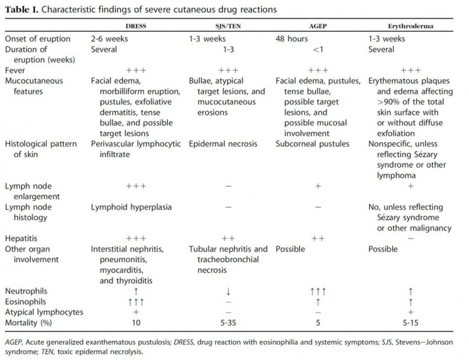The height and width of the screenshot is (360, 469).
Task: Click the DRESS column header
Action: coord(135,27)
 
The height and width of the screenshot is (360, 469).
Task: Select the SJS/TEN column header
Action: coord(228,27)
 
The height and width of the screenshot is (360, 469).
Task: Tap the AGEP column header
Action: coord(317,27)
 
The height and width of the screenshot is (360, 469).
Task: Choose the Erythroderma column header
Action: coord(411,27)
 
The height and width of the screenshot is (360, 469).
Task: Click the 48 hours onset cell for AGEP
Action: coord(292,39)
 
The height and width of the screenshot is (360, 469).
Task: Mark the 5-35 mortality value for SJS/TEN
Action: coord(228,322)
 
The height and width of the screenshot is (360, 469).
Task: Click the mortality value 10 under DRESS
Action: coord(135,322)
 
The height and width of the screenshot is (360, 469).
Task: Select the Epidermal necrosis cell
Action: coord(223,144)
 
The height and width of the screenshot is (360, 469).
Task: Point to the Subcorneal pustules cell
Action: coord(313,144)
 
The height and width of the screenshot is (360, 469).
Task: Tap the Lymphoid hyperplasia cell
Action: coord(131,207)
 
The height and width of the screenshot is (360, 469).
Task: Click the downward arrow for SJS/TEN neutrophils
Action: coord(228,291)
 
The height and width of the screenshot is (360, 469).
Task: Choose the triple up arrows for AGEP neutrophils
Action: coord(317,291)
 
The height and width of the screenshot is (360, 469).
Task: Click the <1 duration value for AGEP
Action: coord(317,50)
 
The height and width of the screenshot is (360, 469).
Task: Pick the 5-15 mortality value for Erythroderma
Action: coord(411,322)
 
